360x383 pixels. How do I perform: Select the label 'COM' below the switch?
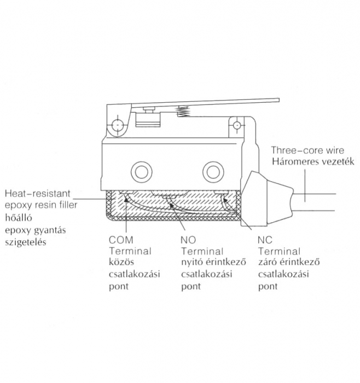pos(121,240)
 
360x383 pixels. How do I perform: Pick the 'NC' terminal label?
pos(264,240)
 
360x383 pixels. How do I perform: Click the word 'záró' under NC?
pos(266,263)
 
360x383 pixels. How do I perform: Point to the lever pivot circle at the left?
pos(116,127)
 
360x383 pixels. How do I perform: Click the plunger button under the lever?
pos(147,112)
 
